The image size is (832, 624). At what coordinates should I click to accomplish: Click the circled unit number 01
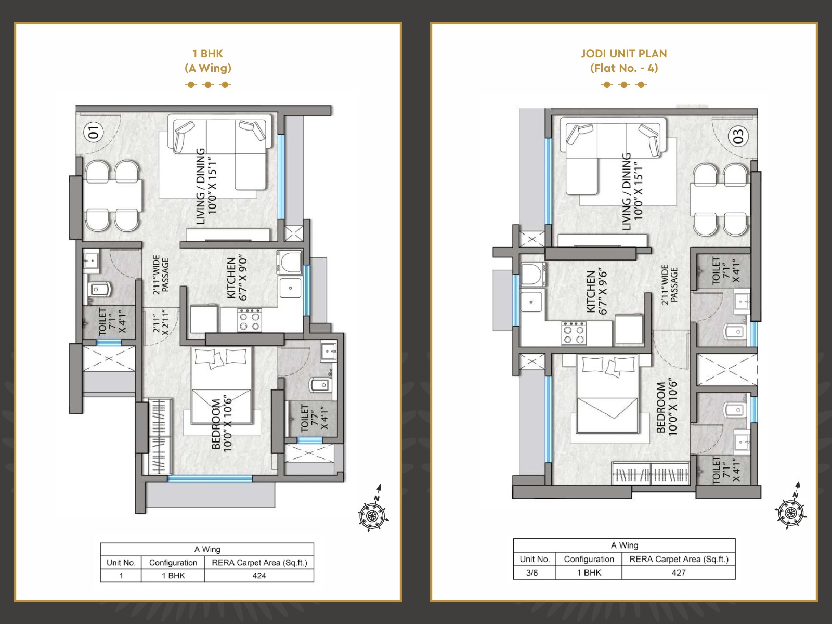94,133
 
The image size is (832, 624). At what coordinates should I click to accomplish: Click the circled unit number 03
738,136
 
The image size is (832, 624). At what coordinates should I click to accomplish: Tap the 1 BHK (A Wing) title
207,61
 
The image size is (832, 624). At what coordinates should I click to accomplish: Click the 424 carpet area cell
259,576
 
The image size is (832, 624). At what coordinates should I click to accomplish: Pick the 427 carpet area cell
679,573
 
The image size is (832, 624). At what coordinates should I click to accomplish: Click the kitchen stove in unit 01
250,320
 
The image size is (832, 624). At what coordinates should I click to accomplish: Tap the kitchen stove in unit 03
574,333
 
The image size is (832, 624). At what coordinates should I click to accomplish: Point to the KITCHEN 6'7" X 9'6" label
596,292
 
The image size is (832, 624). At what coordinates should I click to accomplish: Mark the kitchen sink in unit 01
290,288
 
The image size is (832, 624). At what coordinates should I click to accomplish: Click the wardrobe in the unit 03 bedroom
651,474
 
